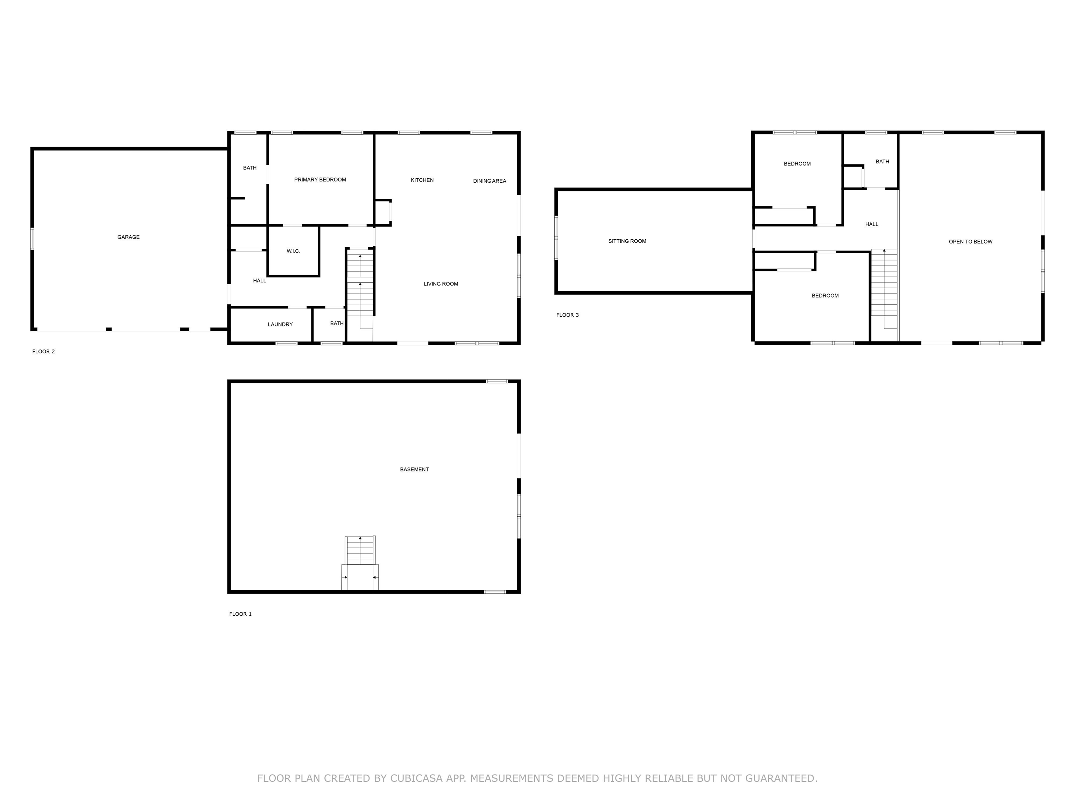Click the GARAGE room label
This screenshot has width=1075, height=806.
click(128, 237)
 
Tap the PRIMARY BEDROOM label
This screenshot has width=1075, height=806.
click(320, 180)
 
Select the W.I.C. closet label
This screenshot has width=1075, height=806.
click(293, 251)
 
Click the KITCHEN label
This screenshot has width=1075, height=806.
click(422, 180)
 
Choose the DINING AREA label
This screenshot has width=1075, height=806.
click(490, 181)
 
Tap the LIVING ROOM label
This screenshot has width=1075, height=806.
click(440, 284)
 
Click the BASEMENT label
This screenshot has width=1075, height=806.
click(414, 469)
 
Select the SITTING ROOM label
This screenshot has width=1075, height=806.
click(627, 241)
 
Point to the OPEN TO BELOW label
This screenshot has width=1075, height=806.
click(970, 241)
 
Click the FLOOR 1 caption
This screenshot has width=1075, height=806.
click(240, 614)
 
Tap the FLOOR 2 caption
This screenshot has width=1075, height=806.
click(43, 352)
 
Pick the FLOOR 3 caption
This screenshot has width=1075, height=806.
click(567, 315)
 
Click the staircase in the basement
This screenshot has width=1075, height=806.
click(360, 551)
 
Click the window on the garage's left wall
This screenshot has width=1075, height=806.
click(33, 239)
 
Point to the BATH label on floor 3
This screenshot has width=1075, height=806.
click(882, 162)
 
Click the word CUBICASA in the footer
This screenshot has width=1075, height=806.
click(416, 778)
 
